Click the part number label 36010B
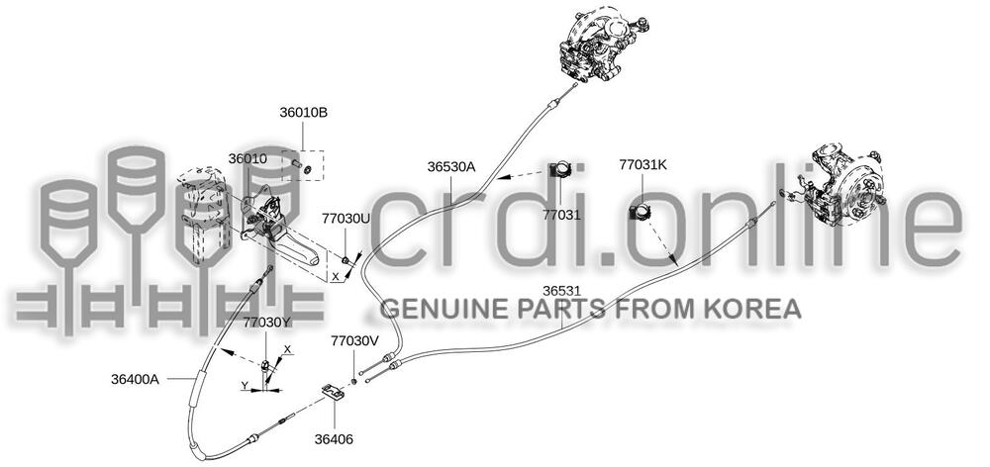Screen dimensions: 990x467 point(304,113)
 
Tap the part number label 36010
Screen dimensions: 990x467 point(247,159)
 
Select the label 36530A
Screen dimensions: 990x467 point(450,167)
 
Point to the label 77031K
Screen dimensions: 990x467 point(643,165)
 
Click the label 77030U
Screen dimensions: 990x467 point(346,219)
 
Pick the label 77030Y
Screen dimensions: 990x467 point(267,323)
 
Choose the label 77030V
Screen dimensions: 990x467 point(354,341)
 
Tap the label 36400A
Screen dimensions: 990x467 point(135,380)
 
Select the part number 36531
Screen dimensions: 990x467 point(562,291)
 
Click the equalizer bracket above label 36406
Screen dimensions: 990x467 point(333,392)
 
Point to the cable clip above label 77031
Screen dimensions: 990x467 point(559,169)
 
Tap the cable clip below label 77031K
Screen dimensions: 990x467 point(642,212)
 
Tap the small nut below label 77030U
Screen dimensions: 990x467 point(346,260)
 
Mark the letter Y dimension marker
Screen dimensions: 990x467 point(245,385)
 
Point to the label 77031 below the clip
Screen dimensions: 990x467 point(561,216)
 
